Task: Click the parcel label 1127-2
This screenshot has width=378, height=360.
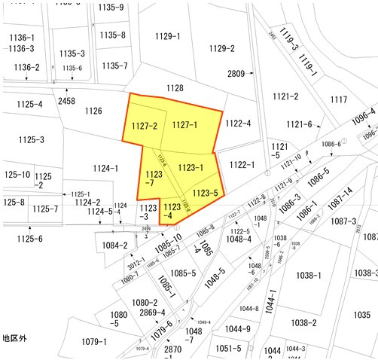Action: pos(144,126)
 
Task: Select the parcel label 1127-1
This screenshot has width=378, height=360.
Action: pos(184,125)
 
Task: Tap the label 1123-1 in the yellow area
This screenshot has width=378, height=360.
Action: pos(191,167)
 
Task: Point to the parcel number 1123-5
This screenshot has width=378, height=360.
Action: pos(205,193)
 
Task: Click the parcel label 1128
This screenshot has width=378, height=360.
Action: pos(175,88)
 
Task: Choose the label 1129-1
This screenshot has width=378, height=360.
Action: pos(168,36)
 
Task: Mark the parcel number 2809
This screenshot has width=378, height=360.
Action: pos(236,74)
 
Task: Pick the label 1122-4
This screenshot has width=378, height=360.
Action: pos(238,124)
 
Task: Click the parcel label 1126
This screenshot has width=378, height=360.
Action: pos(93,111)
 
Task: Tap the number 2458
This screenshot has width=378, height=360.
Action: pos(66,101)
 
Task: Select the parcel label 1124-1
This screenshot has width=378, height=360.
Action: pos(105,169)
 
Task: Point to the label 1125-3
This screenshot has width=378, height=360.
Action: pos(32,139)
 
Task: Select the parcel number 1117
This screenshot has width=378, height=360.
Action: pos(339,99)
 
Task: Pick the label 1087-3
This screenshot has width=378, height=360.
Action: pos(343,221)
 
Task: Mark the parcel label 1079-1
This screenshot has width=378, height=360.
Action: pos(94,342)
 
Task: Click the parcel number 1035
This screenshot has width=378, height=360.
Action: pos(362,315)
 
